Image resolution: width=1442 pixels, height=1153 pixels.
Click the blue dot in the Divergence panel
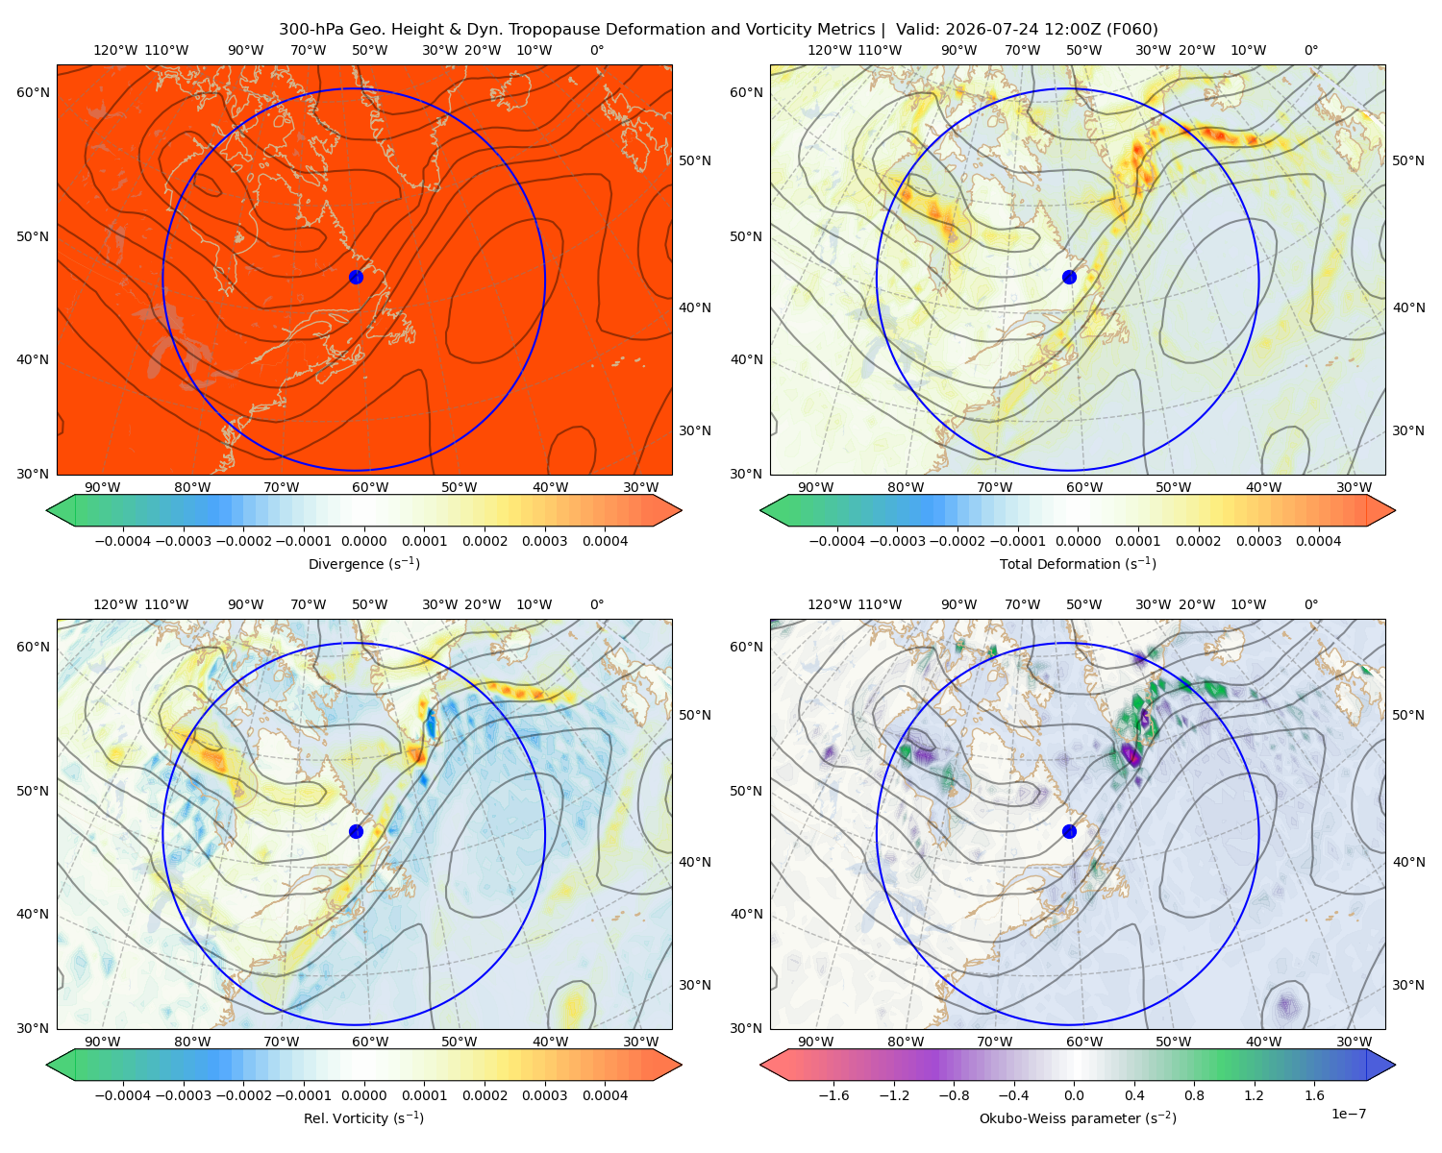pos(356,277)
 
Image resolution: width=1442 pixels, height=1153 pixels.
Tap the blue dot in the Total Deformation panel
pos(1069,277)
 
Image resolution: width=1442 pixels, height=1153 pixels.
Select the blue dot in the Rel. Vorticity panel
pos(356,831)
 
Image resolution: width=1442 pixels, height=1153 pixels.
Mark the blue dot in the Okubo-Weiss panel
pos(1069,831)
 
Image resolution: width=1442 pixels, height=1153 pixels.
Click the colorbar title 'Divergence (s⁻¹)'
pos(363,563)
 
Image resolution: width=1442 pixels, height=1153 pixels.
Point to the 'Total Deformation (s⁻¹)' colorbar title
pos(1078,563)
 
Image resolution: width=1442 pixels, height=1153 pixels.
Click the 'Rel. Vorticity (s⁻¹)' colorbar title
pos(363,1117)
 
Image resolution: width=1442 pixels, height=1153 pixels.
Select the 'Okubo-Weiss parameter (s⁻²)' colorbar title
pos(1078,1117)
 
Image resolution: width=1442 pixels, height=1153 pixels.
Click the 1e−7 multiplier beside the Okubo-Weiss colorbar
pos(1348,1114)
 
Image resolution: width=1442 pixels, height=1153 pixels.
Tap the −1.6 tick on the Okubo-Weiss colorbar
pos(833,1094)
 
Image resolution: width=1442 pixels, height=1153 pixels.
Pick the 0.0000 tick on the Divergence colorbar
pos(363,541)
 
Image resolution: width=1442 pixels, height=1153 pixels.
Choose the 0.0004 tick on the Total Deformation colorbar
pos(1318,541)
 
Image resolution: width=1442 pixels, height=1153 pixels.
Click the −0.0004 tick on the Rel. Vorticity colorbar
pos(123,1094)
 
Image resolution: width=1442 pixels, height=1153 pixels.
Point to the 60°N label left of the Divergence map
pos(33,92)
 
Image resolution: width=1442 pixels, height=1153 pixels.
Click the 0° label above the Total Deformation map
pos(1310,50)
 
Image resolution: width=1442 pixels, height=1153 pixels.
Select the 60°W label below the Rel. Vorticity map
pos(370,1042)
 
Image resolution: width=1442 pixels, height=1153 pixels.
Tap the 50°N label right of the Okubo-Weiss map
pos(1407,714)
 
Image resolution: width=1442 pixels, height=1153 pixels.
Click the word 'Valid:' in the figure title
pos(918,29)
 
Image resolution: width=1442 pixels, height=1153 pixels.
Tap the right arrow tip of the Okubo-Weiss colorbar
pos(1395,1064)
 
